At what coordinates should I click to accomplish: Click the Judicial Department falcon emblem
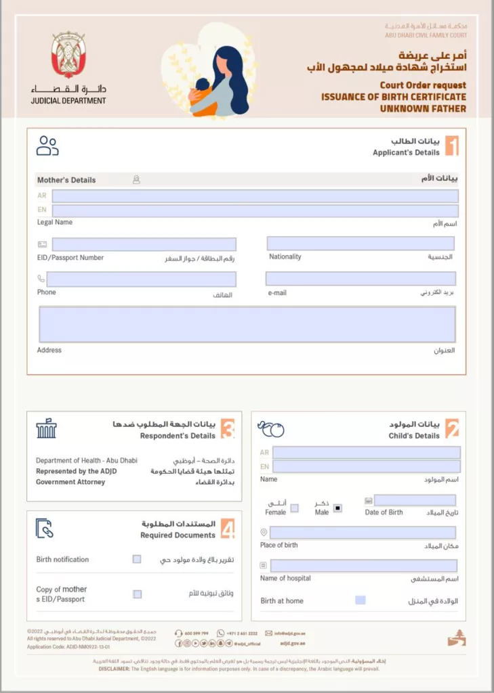pyautogui.click(x=68, y=55)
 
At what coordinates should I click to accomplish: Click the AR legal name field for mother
pyautogui.click(x=255, y=196)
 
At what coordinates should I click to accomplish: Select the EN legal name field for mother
pyautogui.click(x=255, y=210)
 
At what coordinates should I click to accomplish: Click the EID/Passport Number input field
pyautogui.click(x=144, y=244)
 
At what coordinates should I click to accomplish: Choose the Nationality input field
pyautogui.click(x=361, y=244)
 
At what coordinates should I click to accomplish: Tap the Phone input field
pyautogui.click(x=141, y=279)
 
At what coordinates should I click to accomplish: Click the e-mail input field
pyautogui.click(x=361, y=279)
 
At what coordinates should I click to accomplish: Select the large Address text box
pyautogui.click(x=247, y=324)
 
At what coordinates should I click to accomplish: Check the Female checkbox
pyautogui.click(x=294, y=508)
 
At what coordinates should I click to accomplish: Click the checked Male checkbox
pyautogui.click(x=337, y=508)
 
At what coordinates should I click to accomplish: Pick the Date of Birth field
pyautogui.click(x=415, y=501)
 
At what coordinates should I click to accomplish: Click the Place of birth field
pyautogui.click(x=363, y=533)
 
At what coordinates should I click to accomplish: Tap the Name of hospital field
pyautogui.click(x=363, y=566)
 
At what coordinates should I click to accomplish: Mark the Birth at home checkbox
pyautogui.click(x=361, y=600)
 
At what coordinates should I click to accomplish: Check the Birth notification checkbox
pyautogui.click(x=137, y=560)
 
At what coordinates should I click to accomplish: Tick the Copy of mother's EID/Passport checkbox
pyautogui.click(x=137, y=594)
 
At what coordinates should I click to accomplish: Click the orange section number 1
pyautogui.click(x=451, y=146)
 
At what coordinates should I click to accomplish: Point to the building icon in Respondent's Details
pyautogui.click(x=47, y=429)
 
